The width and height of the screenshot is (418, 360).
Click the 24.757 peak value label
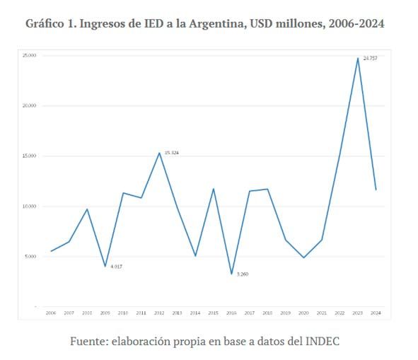click(x=370, y=58)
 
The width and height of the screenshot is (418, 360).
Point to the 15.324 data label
click(x=171, y=153)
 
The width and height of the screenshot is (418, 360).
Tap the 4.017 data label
click(x=117, y=266)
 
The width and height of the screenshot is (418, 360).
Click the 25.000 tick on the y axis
click(x=29, y=55)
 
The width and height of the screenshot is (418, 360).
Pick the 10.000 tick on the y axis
click(x=29, y=207)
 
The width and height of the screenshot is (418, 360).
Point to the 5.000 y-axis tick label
click(x=30, y=257)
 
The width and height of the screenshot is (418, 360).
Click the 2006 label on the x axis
click(x=51, y=312)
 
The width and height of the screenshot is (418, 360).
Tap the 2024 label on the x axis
click(x=376, y=312)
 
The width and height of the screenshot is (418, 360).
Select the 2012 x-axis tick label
click(x=159, y=312)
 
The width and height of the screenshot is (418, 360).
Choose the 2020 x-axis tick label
click(x=303, y=312)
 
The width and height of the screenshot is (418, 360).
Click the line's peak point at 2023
click(x=358, y=58)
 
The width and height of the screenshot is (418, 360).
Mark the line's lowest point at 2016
click(x=231, y=274)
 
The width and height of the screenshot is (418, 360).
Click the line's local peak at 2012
click(x=159, y=153)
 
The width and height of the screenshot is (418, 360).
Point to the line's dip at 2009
click(x=105, y=267)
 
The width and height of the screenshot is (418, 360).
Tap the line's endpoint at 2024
click(x=376, y=190)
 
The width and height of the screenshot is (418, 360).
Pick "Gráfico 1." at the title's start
click(x=50, y=23)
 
